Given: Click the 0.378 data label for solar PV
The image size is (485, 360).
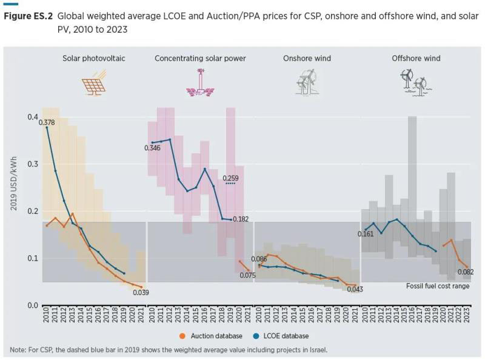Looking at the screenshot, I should click(x=47, y=123).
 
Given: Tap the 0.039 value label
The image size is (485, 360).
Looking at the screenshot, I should click(x=141, y=293).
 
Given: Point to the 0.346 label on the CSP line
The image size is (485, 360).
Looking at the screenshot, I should click(x=152, y=148).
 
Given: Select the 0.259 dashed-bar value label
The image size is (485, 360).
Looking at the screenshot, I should click(x=230, y=178).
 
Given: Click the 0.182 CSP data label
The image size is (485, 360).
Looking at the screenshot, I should click(x=241, y=219).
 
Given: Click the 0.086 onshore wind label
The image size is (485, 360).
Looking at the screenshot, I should click(x=259, y=259).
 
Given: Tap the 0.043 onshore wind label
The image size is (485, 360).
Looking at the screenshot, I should click(x=355, y=289).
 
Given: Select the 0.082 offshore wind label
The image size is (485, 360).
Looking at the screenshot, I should click(x=466, y=272).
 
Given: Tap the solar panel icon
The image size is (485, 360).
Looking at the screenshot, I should click(x=95, y=83).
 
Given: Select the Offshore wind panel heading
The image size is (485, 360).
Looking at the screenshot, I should click(x=416, y=59).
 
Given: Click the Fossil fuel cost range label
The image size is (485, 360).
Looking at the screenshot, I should click(x=438, y=286).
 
